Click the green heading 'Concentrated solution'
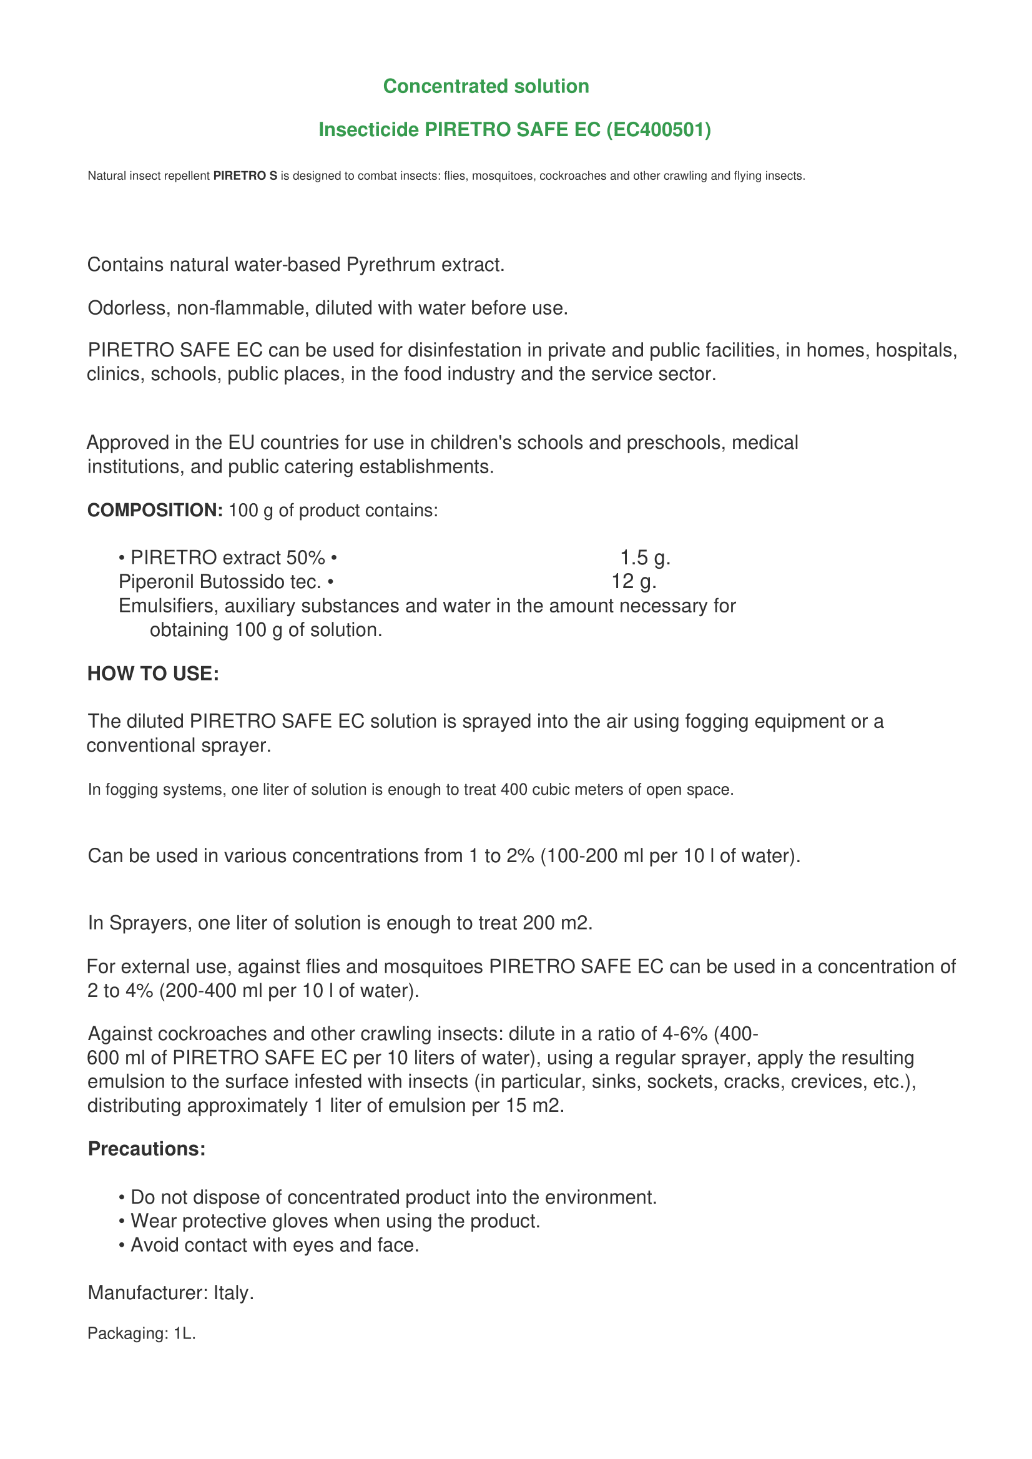pos(486,86)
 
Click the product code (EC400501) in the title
pos(658,130)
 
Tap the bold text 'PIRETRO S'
pos(245,176)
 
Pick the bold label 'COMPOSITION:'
pos(154,510)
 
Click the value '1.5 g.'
pos(645,558)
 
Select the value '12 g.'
pos(634,581)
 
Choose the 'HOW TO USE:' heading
pos(153,674)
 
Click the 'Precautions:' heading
pos(147,1149)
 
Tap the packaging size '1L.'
pos(184,1334)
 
